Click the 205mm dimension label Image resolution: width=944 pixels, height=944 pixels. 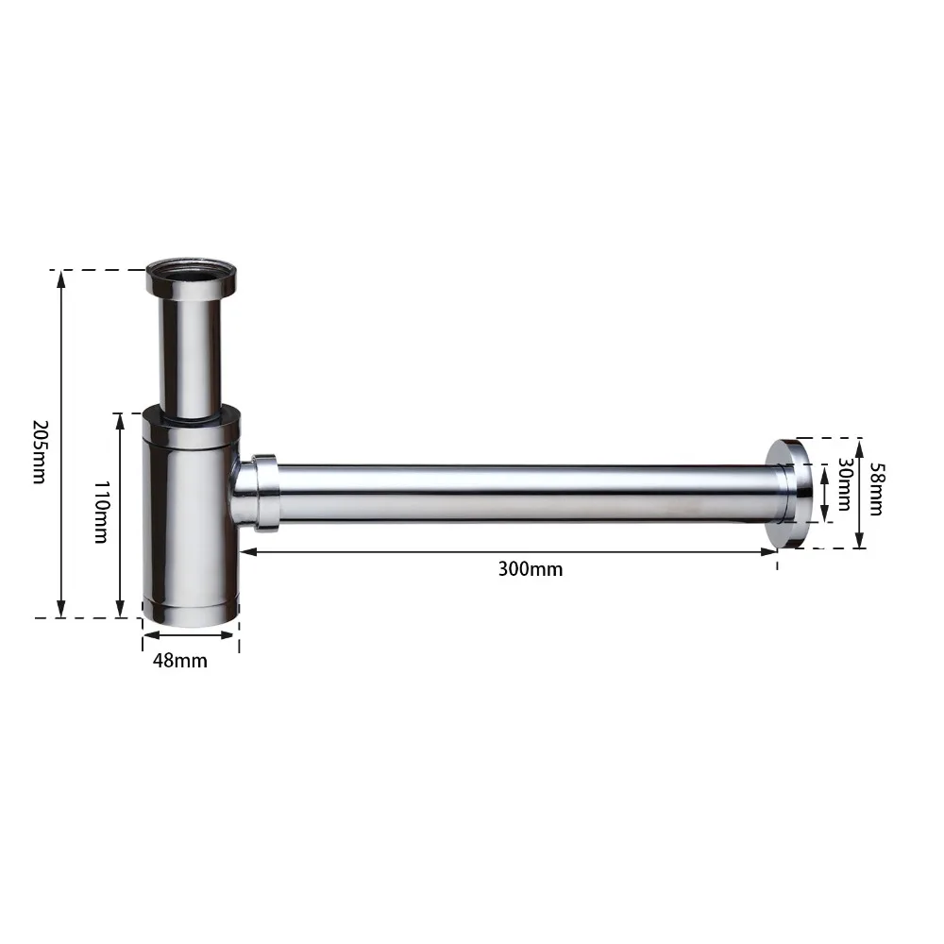coord(39,451)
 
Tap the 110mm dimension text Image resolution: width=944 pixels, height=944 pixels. coord(102,512)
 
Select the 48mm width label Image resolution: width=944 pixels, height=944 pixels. coord(180,661)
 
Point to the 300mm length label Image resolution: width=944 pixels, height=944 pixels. coord(531,569)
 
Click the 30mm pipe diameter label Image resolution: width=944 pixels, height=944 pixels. coord(845,484)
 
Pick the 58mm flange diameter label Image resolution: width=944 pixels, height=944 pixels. coord(877,489)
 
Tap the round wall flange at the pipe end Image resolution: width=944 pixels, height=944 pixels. coord(790,494)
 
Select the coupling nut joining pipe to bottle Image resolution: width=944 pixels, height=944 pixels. coord(265,493)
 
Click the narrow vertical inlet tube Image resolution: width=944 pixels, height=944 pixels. coord(191,357)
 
